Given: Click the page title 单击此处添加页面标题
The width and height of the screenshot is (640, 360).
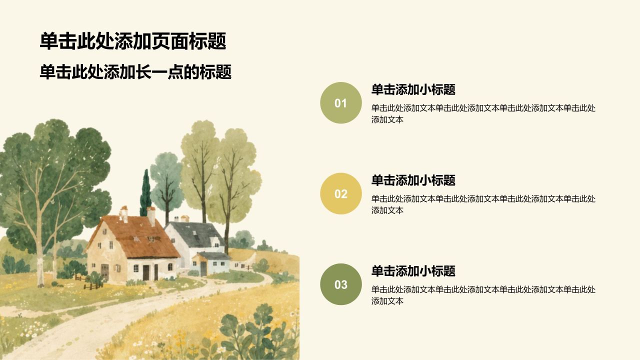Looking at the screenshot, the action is coord(133,41).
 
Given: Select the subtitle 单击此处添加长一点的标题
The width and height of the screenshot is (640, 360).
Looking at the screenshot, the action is coord(135,71).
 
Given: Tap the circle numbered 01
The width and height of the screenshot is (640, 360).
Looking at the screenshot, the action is coord(341,103).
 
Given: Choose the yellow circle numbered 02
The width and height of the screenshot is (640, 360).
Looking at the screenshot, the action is coord(341,193).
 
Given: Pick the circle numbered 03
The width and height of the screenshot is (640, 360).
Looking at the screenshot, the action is coord(341,284).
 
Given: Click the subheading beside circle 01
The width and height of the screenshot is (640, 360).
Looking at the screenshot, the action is coord(413,89).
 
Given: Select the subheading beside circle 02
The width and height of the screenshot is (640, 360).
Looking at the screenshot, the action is coord(413,180).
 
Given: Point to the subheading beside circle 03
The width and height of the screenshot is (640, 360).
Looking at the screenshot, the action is coord(413,271).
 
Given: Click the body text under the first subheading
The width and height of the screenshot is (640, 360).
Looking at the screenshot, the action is coord(483,113).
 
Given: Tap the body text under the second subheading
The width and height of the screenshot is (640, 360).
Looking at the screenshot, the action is coord(483,204).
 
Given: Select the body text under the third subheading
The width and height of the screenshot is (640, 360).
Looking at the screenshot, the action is coord(483,295).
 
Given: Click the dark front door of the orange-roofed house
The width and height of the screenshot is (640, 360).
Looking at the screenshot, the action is coord(146,272).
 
